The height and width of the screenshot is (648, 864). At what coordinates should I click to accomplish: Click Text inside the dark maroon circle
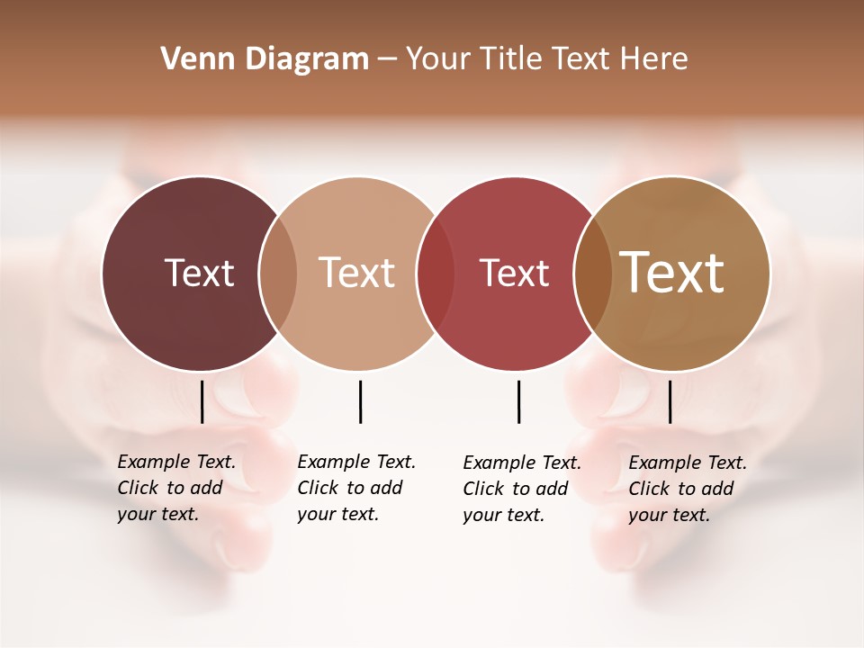[x=199, y=273]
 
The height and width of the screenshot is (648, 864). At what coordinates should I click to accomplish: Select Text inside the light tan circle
[x=356, y=273]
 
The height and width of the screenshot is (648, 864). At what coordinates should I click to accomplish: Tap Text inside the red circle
[x=514, y=273]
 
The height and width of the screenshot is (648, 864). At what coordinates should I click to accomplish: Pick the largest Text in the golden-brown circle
[x=672, y=272]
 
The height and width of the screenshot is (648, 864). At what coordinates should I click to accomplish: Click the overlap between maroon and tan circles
[x=278, y=274]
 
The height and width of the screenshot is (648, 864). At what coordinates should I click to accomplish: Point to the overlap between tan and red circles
[x=436, y=274]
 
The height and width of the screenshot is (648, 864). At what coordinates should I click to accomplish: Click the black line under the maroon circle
[x=202, y=401]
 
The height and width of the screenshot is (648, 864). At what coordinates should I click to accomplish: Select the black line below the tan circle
[x=360, y=401]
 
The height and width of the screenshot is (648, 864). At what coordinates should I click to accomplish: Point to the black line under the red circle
[x=518, y=401]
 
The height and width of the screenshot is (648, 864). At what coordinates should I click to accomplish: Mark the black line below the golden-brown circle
[x=670, y=401]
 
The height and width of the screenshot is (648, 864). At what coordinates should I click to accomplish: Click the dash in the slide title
[x=387, y=59]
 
